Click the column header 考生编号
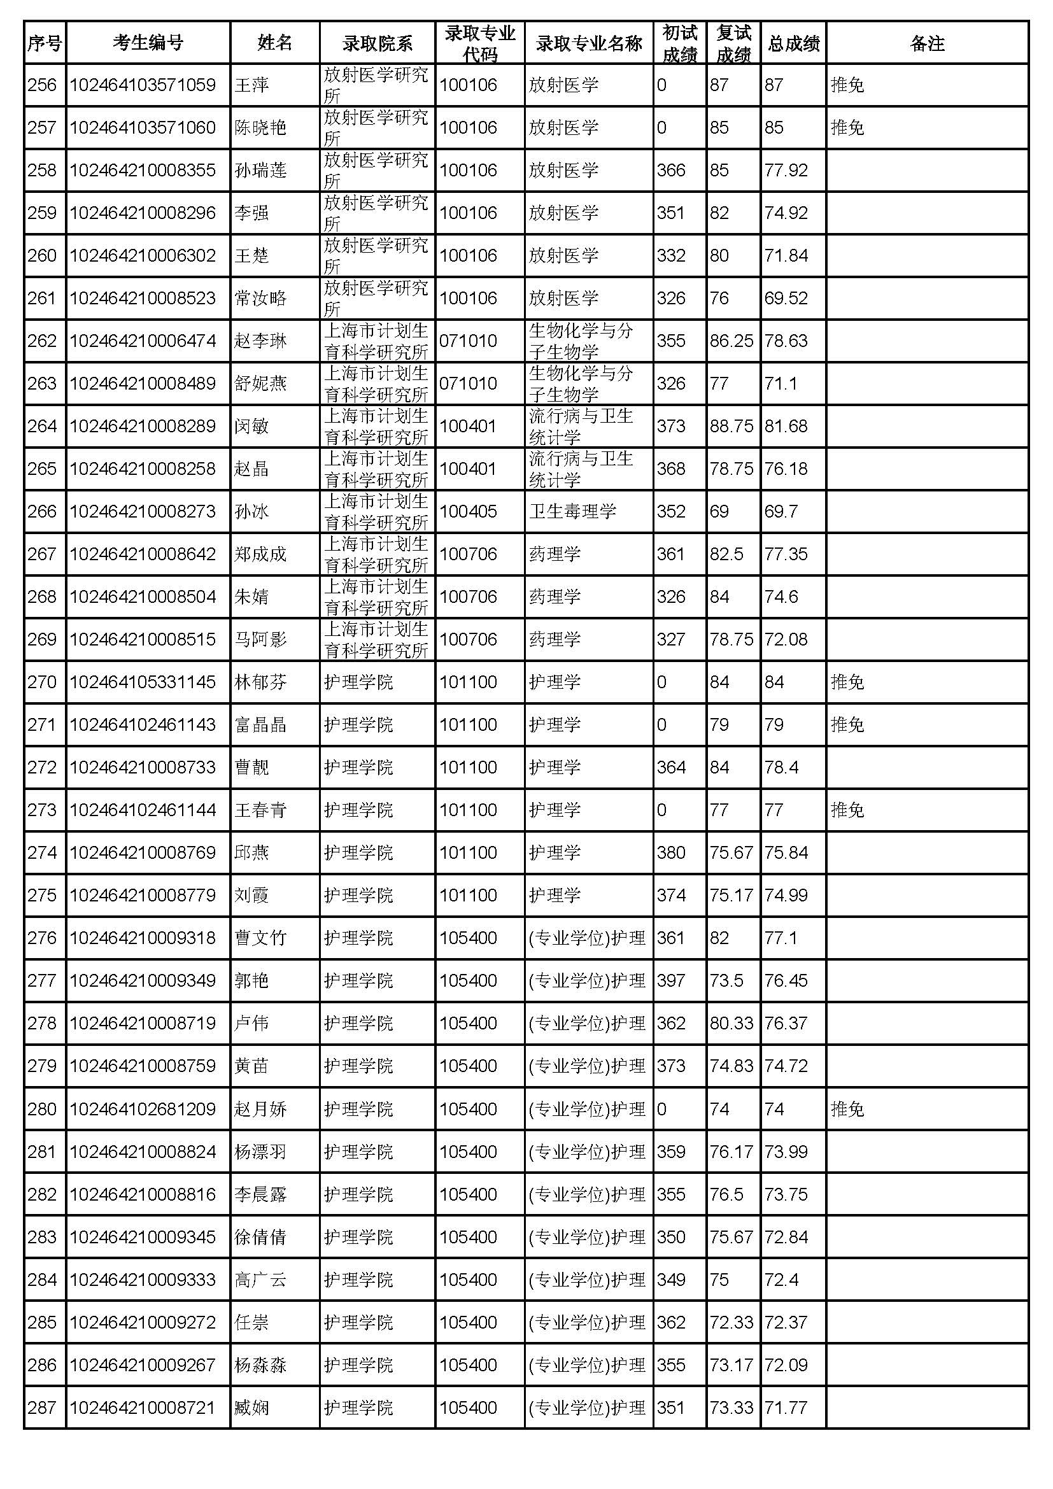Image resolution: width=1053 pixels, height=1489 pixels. pyautogui.click(x=148, y=43)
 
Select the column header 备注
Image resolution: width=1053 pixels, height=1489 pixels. pyautogui.click(x=926, y=43)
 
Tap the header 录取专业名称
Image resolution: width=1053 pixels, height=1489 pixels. pyautogui.click(x=588, y=43)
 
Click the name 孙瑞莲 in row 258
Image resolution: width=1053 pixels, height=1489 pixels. pyautogui.click(x=260, y=171)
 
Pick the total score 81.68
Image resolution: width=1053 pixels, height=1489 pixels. pyautogui.click(x=786, y=427)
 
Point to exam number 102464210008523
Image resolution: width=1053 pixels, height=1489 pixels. pyautogui.click(x=143, y=299)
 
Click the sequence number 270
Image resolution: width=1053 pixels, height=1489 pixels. pyautogui.click(x=42, y=682)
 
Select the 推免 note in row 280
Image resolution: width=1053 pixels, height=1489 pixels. pyautogui.click(x=847, y=1110)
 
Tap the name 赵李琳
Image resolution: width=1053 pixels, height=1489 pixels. pyautogui.click(x=260, y=341)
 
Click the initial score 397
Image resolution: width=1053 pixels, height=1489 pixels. pyautogui.click(x=670, y=980)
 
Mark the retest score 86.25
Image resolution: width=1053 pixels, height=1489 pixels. pyautogui.click(x=731, y=341)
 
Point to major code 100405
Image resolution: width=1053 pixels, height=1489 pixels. pyautogui.click(x=468, y=512)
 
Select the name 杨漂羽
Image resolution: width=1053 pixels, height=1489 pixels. pyautogui.click(x=260, y=1152)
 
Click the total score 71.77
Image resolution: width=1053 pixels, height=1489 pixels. pyautogui.click(x=786, y=1408)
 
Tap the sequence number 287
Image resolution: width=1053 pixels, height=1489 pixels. pyautogui.click(x=42, y=1408)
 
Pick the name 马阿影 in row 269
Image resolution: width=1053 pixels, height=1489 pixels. pyautogui.click(x=260, y=639)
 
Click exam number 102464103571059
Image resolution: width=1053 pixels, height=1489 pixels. pyautogui.click(x=143, y=85)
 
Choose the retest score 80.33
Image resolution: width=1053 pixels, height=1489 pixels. pyautogui.click(x=731, y=1024)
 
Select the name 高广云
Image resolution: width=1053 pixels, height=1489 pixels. pyautogui.click(x=260, y=1280)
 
